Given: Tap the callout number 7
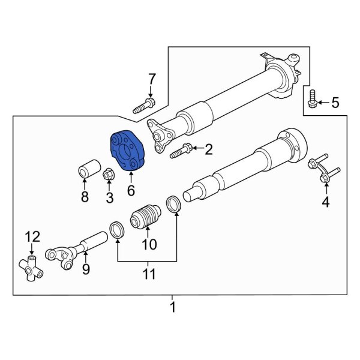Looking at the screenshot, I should [x=152, y=79].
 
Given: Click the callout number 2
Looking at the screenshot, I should [x=208, y=149].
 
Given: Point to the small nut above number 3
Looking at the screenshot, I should [x=109, y=175].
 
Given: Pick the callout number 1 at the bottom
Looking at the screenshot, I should [x=173, y=308].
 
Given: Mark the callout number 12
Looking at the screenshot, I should [x=31, y=236].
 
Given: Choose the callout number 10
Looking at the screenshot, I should [x=148, y=244].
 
